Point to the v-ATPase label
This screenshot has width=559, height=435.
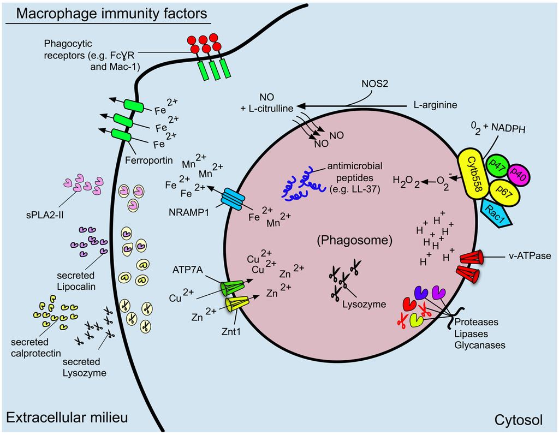pos(522,255)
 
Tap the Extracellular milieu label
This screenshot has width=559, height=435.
pos(67,419)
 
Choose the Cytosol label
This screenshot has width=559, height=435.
pos(518,420)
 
